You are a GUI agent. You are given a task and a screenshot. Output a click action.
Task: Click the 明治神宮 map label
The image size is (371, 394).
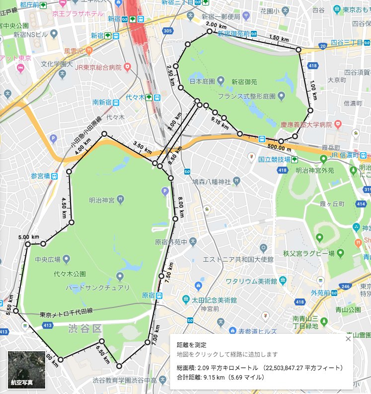pyautogui.click(x=102, y=200)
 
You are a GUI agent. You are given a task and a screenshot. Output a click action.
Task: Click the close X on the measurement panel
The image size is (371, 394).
pyautogui.click(x=348, y=338)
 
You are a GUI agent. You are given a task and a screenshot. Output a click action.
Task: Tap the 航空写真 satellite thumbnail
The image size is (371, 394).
pyautogui.click(x=27, y=370)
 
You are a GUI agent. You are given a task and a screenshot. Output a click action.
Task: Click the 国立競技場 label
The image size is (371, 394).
pyautogui.click(x=274, y=160)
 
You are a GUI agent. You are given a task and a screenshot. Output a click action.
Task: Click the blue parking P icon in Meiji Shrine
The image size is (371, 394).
pyautogui.click(x=165, y=190)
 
